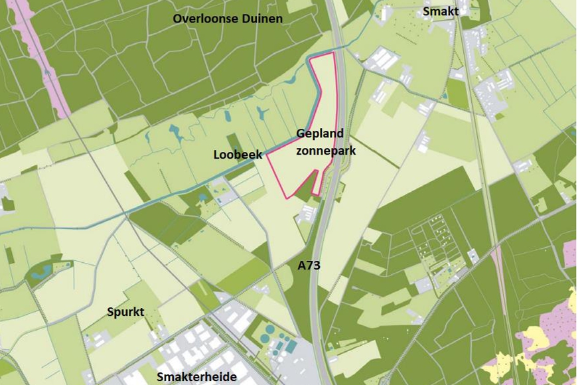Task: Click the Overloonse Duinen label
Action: pyautogui.click(x=228, y=19)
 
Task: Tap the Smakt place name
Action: pyautogui.click(x=441, y=11)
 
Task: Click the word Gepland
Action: pyautogui.click(x=320, y=135)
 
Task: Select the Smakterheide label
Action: pyautogui.click(x=196, y=377)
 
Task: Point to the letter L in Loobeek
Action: pyautogui.click(x=216, y=155)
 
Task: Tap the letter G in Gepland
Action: pyautogui.click(x=300, y=134)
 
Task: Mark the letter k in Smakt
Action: pyautogui.click(x=451, y=11)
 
